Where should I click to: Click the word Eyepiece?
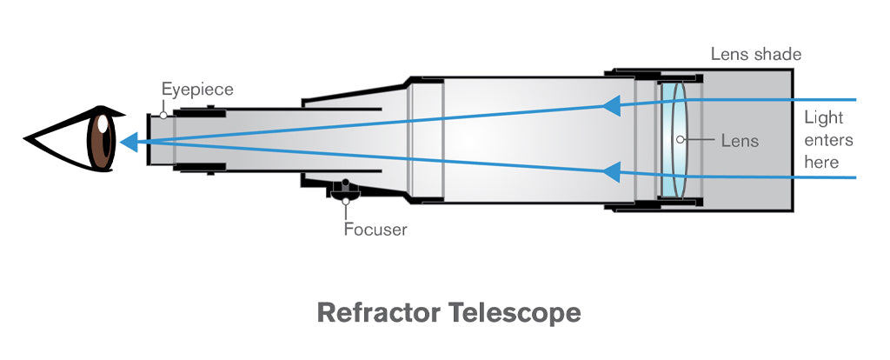[x=197, y=89]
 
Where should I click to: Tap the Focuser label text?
[x=374, y=230]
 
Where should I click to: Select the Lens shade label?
[x=755, y=55]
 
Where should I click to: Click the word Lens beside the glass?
[x=740, y=140]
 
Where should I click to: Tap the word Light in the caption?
[x=823, y=118]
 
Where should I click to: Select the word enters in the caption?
[x=828, y=140]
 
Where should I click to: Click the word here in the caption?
[x=821, y=162]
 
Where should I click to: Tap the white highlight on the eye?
[x=103, y=124]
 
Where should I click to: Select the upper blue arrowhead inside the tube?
[x=611, y=106]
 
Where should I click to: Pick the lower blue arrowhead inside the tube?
[x=611, y=171]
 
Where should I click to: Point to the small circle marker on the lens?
[x=681, y=140]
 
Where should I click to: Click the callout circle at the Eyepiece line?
[x=163, y=113]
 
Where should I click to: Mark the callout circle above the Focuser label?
[x=346, y=202]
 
